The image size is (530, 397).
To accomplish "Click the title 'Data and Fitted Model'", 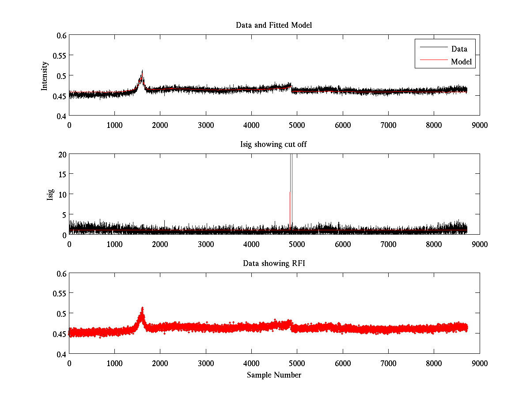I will [x=274, y=25].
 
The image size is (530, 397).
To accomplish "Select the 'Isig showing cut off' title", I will [x=274, y=144].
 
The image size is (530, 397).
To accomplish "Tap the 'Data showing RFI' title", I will [x=274, y=263].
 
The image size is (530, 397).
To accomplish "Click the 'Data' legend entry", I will [x=459, y=49].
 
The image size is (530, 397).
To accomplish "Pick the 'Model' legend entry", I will [x=461, y=62].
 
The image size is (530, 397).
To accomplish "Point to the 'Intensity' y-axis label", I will [x=44, y=75].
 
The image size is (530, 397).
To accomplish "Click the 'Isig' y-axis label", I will [x=50, y=195].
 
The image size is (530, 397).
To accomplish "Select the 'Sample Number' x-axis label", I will [x=274, y=375].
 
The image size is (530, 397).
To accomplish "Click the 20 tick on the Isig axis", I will [x=61, y=154].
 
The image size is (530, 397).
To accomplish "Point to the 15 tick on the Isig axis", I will [x=61, y=174].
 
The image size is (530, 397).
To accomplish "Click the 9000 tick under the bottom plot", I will [x=480, y=363].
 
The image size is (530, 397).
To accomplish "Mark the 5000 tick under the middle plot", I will [x=297, y=244].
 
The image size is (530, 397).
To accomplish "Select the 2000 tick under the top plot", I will [x=160, y=125].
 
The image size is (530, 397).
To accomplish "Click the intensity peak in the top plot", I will [x=142, y=71].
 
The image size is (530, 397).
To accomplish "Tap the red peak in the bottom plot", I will [x=142, y=309].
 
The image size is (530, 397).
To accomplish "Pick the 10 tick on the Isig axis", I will [x=61, y=194].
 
